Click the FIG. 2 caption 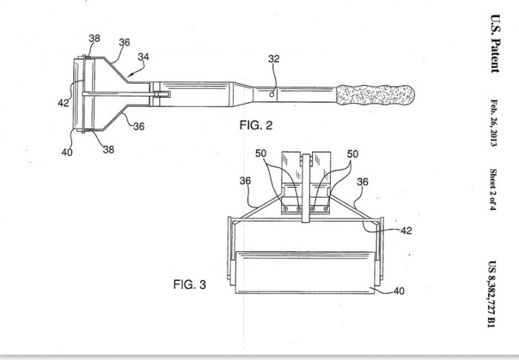[256, 125]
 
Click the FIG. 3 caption [189, 284]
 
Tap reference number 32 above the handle [274, 59]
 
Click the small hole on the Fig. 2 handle [272, 95]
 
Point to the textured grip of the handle [375, 95]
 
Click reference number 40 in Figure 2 [67, 152]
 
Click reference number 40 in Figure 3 [399, 291]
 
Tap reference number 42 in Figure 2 [63, 103]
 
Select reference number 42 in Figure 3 [406, 231]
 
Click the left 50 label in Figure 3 [261, 153]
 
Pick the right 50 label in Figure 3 [352, 154]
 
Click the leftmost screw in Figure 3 [285, 209]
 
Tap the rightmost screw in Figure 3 [325, 209]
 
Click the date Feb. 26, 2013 [494, 123]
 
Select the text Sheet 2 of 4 [493, 190]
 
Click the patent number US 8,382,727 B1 [492, 294]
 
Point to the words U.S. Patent [495, 43]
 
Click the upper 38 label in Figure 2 [94, 39]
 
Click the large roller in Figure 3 [305, 272]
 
